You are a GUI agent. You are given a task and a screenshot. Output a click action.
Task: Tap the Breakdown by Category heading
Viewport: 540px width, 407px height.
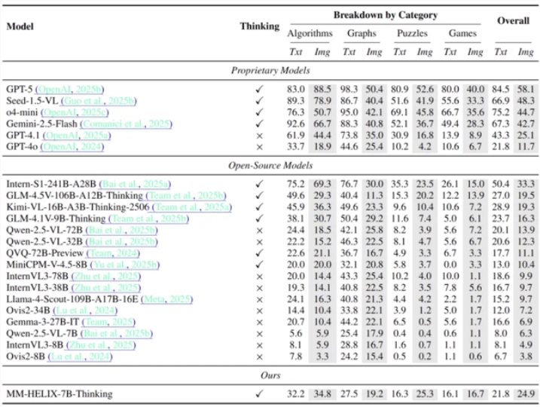(x=386, y=14)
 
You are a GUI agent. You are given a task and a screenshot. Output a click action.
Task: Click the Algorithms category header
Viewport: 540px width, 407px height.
(x=309, y=34)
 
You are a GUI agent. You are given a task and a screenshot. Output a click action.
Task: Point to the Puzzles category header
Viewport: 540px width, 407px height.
(x=412, y=34)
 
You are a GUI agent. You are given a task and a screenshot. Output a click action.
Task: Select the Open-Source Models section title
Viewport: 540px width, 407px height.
(x=271, y=166)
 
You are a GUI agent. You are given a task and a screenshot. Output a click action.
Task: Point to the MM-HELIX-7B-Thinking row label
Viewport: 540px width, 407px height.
(x=60, y=393)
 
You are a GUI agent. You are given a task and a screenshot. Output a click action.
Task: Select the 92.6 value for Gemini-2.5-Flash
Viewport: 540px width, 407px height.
(x=297, y=123)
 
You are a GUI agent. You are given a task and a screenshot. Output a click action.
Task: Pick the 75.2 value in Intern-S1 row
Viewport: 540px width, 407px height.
(x=297, y=182)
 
